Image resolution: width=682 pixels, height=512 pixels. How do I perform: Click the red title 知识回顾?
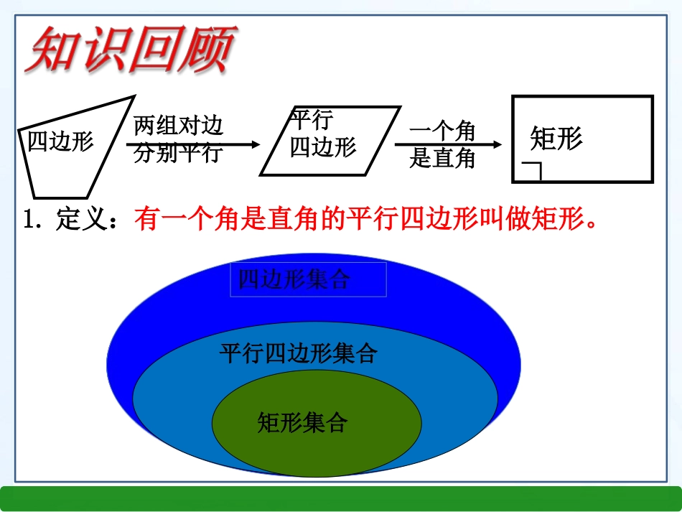click(130, 50)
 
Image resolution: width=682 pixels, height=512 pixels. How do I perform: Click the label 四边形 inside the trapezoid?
click(61, 141)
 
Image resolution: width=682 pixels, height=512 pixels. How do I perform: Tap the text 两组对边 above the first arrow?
click(178, 126)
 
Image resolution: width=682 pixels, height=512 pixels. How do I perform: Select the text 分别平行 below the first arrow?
click(178, 154)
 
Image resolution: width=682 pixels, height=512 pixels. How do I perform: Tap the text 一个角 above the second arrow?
click(442, 131)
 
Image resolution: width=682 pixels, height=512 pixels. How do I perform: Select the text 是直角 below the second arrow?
click(442, 158)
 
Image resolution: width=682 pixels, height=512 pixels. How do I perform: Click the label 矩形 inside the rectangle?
click(556, 138)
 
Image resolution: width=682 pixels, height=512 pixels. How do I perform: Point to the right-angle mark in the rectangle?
click(532, 171)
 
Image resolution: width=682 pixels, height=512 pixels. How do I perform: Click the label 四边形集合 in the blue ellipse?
click(294, 279)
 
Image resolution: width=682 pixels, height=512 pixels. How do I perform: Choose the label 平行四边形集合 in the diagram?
click(298, 353)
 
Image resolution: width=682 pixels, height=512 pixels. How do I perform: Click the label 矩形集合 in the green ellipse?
click(302, 422)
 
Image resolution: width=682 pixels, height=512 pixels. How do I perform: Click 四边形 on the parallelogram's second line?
click(323, 147)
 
